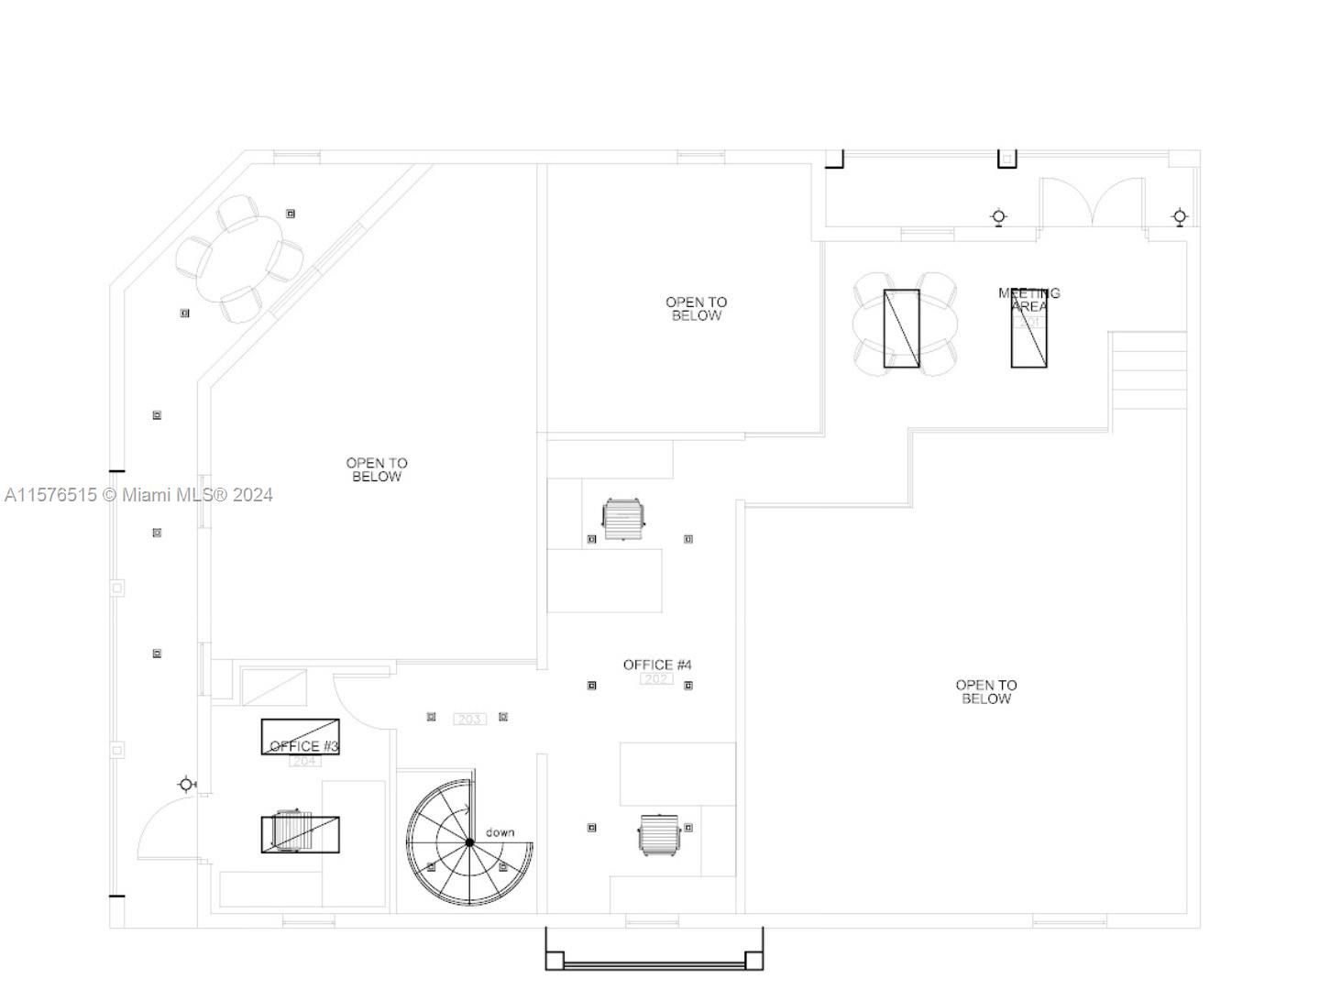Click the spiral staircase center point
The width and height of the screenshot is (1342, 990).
(469, 842)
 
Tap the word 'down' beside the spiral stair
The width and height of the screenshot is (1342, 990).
(500, 832)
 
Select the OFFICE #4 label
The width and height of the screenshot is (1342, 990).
(657, 665)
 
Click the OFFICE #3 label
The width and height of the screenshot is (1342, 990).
(304, 746)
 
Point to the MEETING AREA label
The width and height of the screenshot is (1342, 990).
(1028, 299)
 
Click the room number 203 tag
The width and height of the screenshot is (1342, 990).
(469, 719)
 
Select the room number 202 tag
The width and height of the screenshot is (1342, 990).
(656, 679)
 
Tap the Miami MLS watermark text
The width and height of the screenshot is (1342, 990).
(138, 495)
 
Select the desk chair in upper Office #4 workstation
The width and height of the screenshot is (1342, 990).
(623, 520)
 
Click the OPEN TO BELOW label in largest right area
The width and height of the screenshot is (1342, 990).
(985, 691)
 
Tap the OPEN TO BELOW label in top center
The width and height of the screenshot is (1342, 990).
(696, 308)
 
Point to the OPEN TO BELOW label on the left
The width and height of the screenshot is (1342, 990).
(376, 469)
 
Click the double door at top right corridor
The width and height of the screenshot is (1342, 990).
(1092, 203)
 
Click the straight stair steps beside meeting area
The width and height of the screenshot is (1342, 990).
(1149, 370)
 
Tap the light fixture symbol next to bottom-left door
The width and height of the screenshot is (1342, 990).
(187, 784)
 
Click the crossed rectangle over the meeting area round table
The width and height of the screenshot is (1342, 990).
(901, 328)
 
